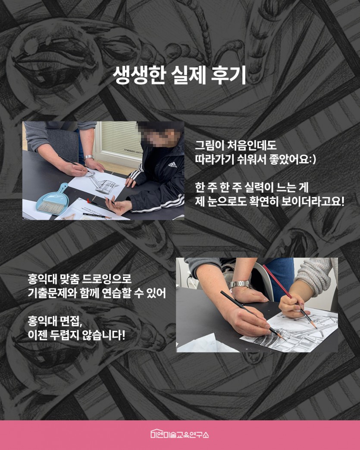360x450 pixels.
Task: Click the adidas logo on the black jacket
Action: (172, 165)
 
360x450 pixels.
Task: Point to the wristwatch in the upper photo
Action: (89, 157)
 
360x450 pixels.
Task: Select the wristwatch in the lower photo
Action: (240, 284)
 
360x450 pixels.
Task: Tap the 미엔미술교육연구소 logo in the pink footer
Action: (180, 434)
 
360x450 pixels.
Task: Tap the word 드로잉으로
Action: (107, 278)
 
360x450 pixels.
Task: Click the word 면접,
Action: (72, 321)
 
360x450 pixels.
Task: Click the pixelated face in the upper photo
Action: (160, 134)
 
